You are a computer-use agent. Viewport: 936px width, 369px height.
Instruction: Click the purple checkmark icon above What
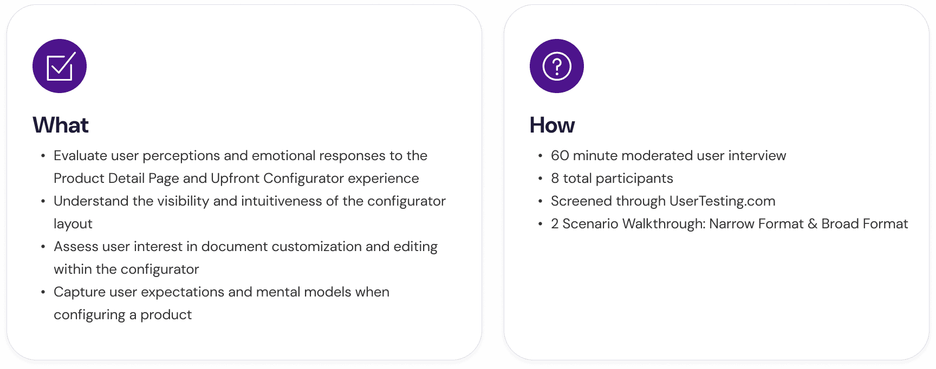60,66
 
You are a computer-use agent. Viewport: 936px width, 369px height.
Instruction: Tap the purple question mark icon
557,66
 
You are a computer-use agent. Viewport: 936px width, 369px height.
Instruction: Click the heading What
61,126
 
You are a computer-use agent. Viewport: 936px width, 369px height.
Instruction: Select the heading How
552,126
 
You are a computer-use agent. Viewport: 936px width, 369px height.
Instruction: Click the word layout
73,224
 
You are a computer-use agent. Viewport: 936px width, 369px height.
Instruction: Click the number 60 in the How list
560,156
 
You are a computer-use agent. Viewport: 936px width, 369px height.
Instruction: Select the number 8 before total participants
555,179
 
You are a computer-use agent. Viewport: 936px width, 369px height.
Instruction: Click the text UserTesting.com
722,201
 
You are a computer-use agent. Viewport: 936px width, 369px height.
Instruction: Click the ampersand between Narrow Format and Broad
812,224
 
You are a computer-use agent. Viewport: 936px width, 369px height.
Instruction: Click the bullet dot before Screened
540,201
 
